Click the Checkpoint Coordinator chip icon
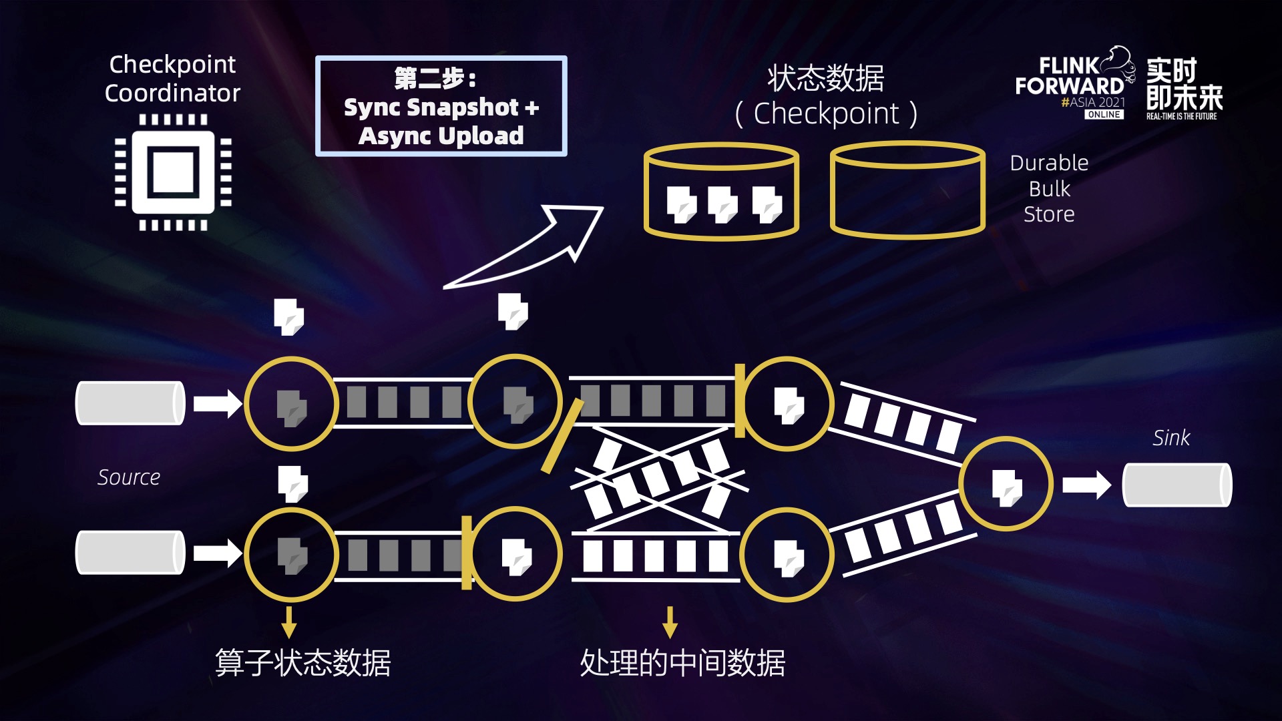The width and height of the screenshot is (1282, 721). coord(173,172)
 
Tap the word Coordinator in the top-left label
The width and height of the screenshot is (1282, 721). coord(172,93)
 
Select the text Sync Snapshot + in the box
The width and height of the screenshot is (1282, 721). coord(441,107)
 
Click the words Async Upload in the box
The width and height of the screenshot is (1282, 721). coord(441,136)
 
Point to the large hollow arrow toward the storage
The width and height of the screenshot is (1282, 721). coord(534,247)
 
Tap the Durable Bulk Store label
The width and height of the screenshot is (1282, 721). coord(1049,188)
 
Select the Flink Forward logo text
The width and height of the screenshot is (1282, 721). coord(1070,76)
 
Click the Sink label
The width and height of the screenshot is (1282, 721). coord(1170,438)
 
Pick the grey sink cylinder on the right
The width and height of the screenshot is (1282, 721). coord(1177,485)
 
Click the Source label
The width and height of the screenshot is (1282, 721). coord(129,477)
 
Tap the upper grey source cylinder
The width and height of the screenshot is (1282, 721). coord(130,403)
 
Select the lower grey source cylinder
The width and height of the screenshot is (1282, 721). coord(130,553)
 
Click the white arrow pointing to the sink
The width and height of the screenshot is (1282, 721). coord(1086,485)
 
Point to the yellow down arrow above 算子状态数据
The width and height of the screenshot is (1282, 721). coord(288,622)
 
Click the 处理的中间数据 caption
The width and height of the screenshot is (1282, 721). coord(682,663)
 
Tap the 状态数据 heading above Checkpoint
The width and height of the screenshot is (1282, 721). coord(826,78)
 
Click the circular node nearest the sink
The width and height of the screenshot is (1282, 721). coord(1006,484)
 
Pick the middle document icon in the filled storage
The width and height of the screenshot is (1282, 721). coord(722,204)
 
